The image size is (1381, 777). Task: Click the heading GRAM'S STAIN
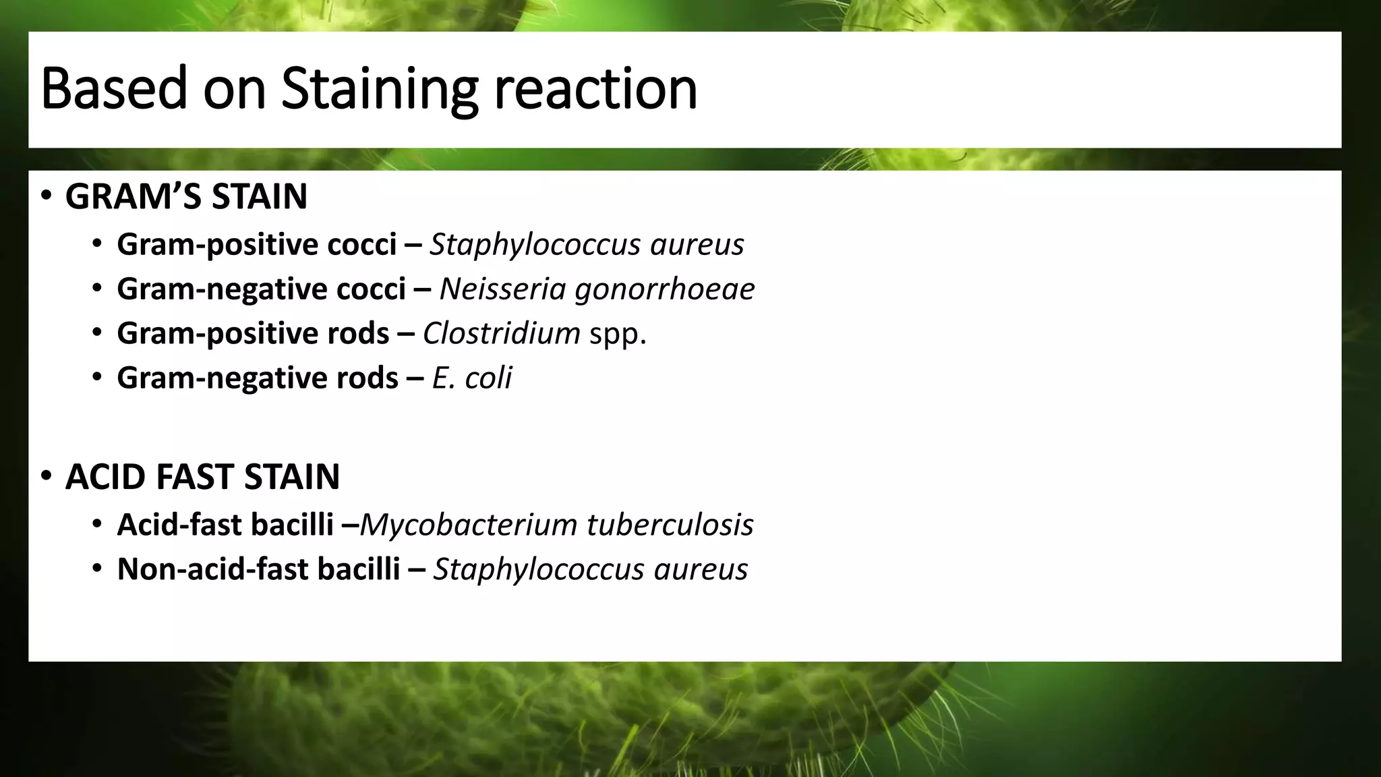pyautogui.click(x=186, y=197)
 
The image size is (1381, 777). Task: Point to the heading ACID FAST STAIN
pyautogui.click(x=202, y=477)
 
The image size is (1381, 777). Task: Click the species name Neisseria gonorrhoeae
pyautogui.click(x=597, y=289)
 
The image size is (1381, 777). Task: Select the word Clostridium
pyautogui.click(x=501, y=333)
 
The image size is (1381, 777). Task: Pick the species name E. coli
pyautogui.click(x=471, y=378)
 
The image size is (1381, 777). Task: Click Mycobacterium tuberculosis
pyautogui.click(x=556, y=525)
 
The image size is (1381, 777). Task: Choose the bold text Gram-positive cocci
pyautogui.click(x=256, y=244)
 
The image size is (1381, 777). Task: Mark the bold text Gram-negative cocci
pyautogui.click(x=261, y=289)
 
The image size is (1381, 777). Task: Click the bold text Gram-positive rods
pyautogui.click(x=253, y=333)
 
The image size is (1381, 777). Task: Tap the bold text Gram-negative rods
pyautogui.click(x=258, y=378)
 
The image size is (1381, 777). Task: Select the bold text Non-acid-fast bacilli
pyautogui.click(x=258, y=569)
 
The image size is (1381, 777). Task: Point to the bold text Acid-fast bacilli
pyautogui.click(x=225, y=525)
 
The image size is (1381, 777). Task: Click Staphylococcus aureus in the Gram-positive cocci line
pyautogui.click(x=587, y=244)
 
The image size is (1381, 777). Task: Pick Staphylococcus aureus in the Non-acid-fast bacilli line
pyautogui.click(x=590, y=569)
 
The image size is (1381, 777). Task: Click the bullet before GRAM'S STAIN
pyautogui.click(x=46, y=196)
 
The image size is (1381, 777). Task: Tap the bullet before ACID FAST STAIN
pyautogui.click(x=46, y=476)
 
